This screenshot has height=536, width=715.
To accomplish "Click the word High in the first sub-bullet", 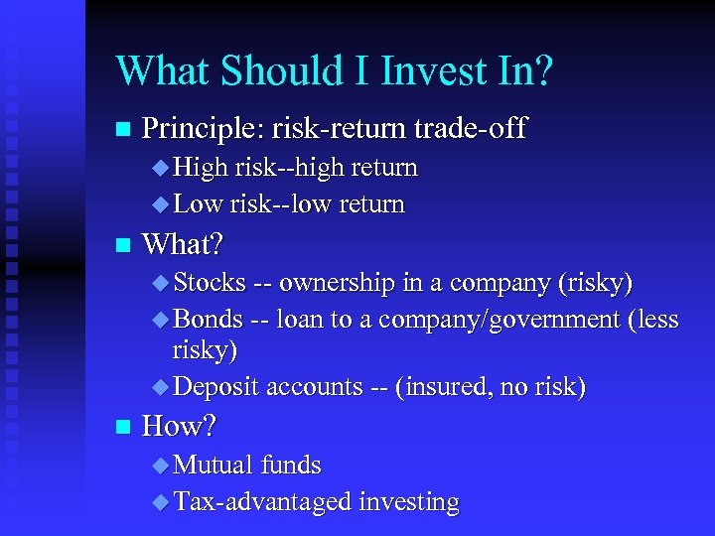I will pyautogui.click(x=202, y=168).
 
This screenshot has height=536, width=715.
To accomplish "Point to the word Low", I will pyautogui.click(x=199, y=204).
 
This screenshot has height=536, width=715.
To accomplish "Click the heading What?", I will pyautogui.click(x=184, y=243).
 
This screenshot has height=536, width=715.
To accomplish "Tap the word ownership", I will pyautogui.click(x=338, y=283).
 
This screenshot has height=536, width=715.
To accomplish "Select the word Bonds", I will pyautogui.click(x=209, y=319).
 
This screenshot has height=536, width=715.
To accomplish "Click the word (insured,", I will pyautogui.click(x=438, y=387).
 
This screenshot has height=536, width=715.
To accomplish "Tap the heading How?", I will pyautogui.click(x=180, y=427).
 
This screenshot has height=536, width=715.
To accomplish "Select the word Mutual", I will pyautogui.click(x=214, y=465).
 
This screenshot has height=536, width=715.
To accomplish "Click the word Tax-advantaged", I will pyautogui.click(x=263, y=502).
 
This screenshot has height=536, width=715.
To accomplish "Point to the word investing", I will pyautogui.click(x=409, y=503).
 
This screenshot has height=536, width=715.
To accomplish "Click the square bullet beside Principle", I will pyautogui.click(x=122, y=129).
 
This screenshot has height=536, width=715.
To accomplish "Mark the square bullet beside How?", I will pyautogui.click(x=122, y=428).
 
